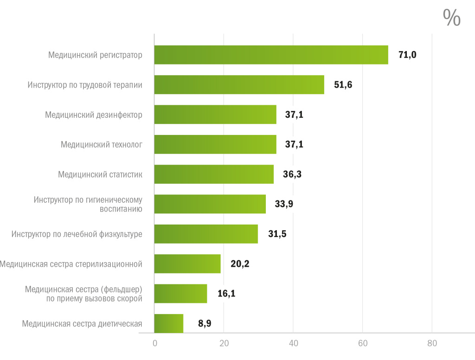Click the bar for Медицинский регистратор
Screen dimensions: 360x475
271,55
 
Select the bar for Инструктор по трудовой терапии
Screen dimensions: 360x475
239,84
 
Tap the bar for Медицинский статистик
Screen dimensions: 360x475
214,174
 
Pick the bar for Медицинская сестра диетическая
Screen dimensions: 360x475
169,323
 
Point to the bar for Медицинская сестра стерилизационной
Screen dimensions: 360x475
187,264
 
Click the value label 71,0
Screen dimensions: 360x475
407,55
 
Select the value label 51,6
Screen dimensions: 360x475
343,84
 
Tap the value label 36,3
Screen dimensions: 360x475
292,174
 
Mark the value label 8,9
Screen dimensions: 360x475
205,323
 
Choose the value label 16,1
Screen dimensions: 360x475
226,293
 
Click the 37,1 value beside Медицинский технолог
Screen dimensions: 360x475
294,144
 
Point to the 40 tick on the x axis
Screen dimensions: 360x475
293,344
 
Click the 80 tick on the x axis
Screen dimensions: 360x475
432,344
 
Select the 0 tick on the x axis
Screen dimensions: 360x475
155,344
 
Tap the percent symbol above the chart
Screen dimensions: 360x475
451,18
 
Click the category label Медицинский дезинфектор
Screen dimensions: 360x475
94,115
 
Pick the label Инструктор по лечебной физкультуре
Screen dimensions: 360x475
77,234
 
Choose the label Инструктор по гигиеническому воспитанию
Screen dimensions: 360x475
88,204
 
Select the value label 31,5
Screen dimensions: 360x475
277,234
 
